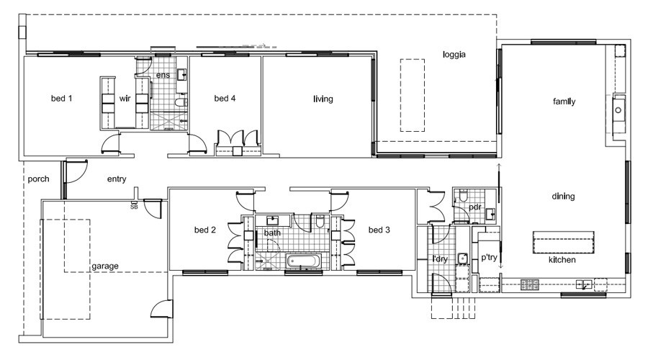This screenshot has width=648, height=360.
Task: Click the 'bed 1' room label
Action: [x=62, y=99]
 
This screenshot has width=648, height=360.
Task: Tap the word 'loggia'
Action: [x=454, y=55]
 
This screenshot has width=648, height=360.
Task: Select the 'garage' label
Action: [x=105, y=266]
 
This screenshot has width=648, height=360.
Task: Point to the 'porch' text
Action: [x=38, y=179]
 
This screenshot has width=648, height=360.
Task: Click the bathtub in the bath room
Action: [x=303, y=261]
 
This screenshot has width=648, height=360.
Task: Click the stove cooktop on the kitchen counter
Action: [x=529, y=284]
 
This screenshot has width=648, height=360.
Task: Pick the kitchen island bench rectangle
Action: [x=563, y=242]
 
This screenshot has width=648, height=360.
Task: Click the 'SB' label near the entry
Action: [x=134, y=207]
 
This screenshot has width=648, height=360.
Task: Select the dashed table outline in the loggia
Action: [x=412, y=96]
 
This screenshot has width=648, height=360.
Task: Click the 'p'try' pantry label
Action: [x=489, y=258]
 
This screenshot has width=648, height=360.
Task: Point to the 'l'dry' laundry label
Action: [x=440, y=259]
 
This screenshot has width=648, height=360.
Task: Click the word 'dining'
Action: [x=563, y=197]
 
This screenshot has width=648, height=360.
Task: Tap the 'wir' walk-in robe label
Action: [x=125, y=99]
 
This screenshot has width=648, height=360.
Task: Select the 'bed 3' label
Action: [x=379, y=230]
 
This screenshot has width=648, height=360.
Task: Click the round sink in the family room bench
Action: [x=618, y=110]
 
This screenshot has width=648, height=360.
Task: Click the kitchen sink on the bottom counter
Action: [x=584, y=284]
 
